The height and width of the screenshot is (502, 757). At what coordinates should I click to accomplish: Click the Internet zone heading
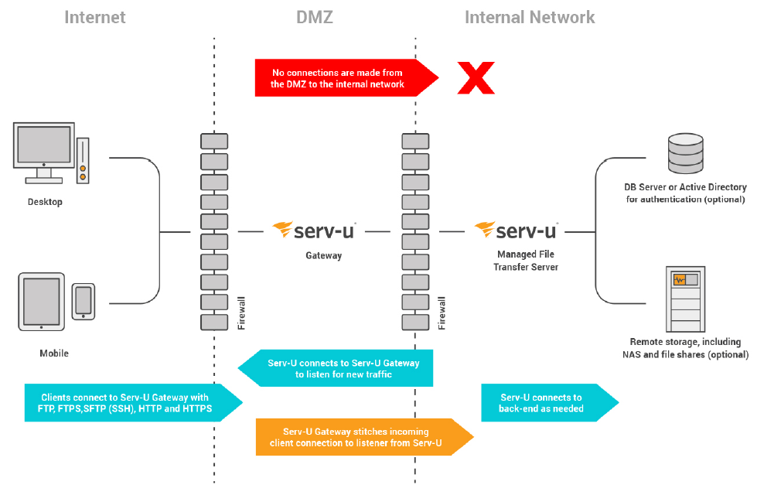(95, 17)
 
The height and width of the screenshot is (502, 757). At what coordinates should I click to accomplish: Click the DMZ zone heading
(315, 17)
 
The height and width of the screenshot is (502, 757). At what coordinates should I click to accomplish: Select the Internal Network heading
(530, 17)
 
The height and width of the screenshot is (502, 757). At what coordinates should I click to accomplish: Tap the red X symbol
(476, 78)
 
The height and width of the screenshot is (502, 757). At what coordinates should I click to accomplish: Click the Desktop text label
(44, 202)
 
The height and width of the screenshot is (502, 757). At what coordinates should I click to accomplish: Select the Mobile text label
(54, 353)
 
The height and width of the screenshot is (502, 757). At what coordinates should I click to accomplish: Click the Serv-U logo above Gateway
(320, 231)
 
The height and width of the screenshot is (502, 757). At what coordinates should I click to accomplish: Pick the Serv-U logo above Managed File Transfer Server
(516, 231)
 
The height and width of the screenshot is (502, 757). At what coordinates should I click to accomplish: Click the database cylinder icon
(685, 153)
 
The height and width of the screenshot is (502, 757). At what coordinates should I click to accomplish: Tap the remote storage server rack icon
(685, 298)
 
